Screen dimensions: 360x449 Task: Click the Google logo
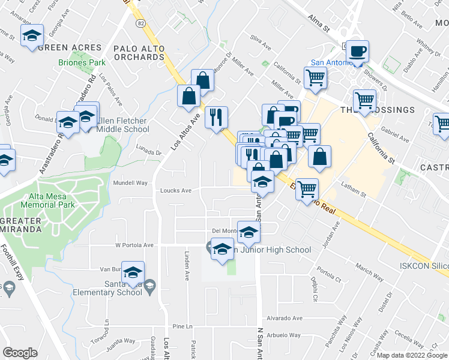click(x=20, y=353)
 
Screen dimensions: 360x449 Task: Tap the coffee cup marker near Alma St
click(x=358, y=52)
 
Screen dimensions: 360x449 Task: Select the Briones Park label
click(x=82, y=62)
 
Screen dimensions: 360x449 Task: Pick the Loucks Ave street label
click(x=175, y=191)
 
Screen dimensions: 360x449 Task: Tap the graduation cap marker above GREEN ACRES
click(x=32, y=35)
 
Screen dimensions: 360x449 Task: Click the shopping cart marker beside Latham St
click(x=307, y=189)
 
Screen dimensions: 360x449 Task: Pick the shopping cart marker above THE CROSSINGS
click(x=364, y=100)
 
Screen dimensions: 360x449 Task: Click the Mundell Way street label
click(x=130, y=182)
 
